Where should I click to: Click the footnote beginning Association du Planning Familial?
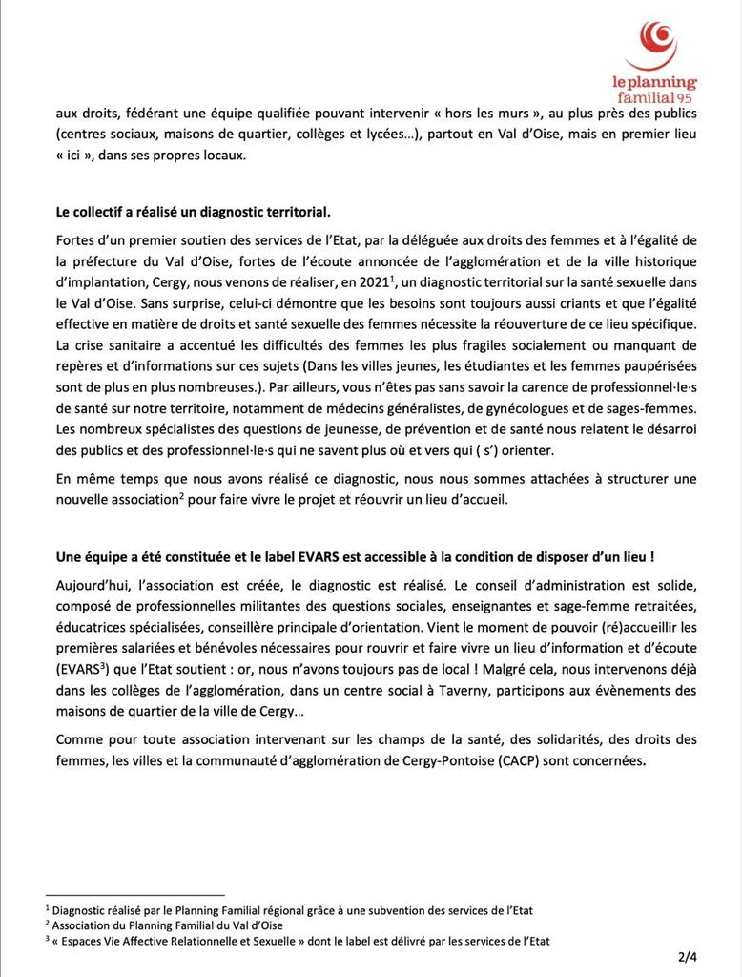pos(167,925)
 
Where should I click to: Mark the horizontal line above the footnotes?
pos(134,895)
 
